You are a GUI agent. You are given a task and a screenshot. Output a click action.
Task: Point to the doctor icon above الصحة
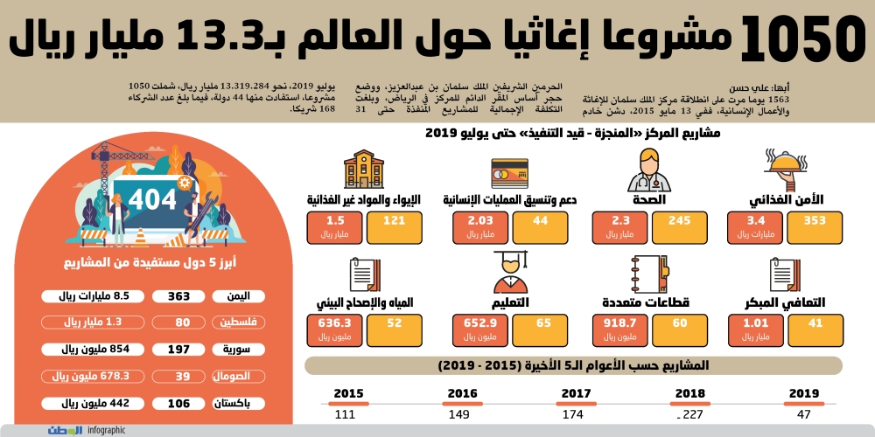pyautogui.click(x=648, y=170)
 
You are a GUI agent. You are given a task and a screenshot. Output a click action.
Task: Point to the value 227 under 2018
pyautogui.click(x=691, y=414)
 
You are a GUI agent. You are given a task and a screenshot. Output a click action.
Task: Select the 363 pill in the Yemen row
pyautogui.click(x=179, y=296)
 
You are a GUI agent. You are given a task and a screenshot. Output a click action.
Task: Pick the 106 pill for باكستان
pyautogui.click(x=179, y=403)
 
